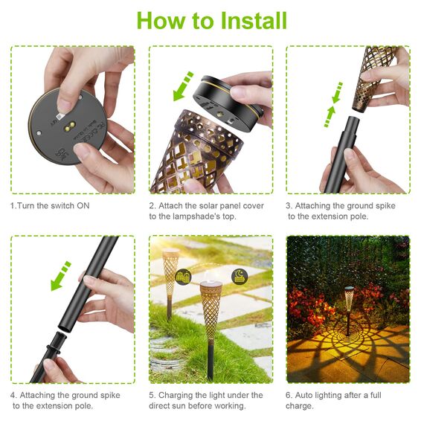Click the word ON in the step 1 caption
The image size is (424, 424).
(84, 205)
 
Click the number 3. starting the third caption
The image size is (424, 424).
(290, 205)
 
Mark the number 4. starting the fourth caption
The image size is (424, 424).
(13, 395)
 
